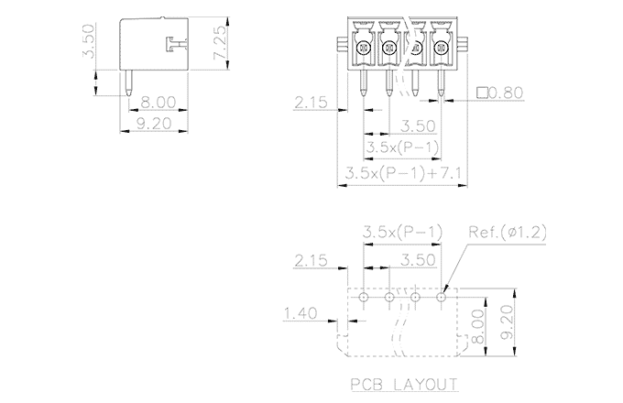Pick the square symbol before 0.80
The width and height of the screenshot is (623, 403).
tap(483, 93)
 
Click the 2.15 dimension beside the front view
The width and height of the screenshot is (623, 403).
tap(312, 103)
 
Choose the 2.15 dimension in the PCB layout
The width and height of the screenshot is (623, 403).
tap(312, 260)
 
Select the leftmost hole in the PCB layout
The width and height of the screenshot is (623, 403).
tap(364, 297)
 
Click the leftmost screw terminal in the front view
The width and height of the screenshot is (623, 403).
tap(363, 49)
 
